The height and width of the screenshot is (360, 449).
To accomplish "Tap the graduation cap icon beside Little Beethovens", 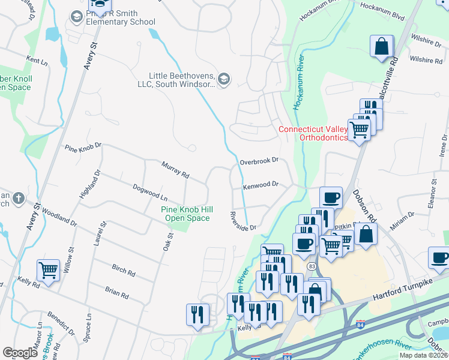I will (224, 80).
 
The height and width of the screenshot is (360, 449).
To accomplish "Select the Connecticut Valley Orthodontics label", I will (313, 133).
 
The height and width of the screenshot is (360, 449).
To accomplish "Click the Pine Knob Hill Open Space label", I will (185, 214).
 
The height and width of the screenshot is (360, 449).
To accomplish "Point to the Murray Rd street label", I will (175, 170).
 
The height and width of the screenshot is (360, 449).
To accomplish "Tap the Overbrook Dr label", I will (259, 161).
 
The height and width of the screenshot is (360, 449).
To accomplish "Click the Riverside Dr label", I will (244, 221).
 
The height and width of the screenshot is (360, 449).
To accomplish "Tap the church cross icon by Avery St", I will (19, 198).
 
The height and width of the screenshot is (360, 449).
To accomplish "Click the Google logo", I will (20, 352).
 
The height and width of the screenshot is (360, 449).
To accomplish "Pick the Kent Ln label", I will (37, 61).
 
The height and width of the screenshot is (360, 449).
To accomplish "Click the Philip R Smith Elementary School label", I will (121, 17).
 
